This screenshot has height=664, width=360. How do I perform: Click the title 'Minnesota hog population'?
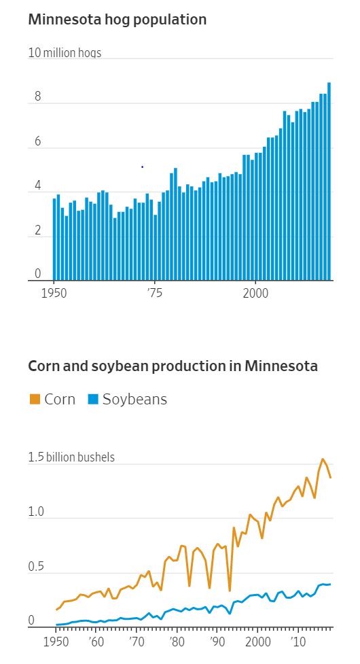[117, 20]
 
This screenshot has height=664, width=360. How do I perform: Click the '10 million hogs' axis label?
[65, 53]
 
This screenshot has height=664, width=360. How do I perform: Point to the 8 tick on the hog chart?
[38, 97]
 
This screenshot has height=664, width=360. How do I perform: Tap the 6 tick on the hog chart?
[38, 142]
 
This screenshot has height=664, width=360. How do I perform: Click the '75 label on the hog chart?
[154, 294]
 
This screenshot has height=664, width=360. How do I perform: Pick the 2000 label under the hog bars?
[255, 294]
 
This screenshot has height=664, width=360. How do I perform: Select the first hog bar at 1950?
[54, 239]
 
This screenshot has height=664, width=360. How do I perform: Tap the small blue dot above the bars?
[142, 167]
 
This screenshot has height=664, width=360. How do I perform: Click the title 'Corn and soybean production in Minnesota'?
[173, 366]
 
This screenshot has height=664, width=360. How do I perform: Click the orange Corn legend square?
[35, 400]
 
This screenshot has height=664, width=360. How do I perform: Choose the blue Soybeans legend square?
[93, 400]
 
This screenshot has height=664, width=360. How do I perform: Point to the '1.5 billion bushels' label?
[71, 457]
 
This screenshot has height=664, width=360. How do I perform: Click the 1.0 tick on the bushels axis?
[37, 512]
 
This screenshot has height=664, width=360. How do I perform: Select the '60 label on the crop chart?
[96, 642]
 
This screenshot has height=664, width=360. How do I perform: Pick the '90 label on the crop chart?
[217, 642]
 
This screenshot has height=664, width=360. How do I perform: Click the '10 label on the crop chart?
[297, 642]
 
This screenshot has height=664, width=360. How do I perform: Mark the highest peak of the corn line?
[323, 459]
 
